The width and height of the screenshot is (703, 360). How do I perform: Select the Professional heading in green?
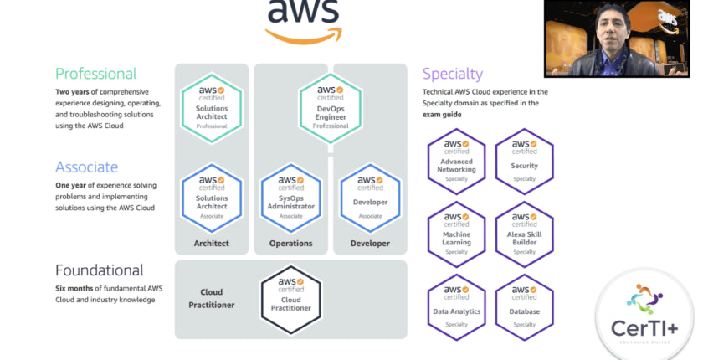(x=95, y=74)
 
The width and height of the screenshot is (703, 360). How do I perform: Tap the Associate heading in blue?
(x=86, y=167)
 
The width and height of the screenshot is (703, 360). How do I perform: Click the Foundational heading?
(x=99, y=270)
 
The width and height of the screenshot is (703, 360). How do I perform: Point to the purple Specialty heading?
(x=453, y=74)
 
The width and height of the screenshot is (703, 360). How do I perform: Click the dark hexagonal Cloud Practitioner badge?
(x=290, y=298)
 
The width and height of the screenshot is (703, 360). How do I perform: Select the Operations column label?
(x=290, y=244)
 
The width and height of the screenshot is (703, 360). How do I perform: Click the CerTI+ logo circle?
(x=645, y=313)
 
